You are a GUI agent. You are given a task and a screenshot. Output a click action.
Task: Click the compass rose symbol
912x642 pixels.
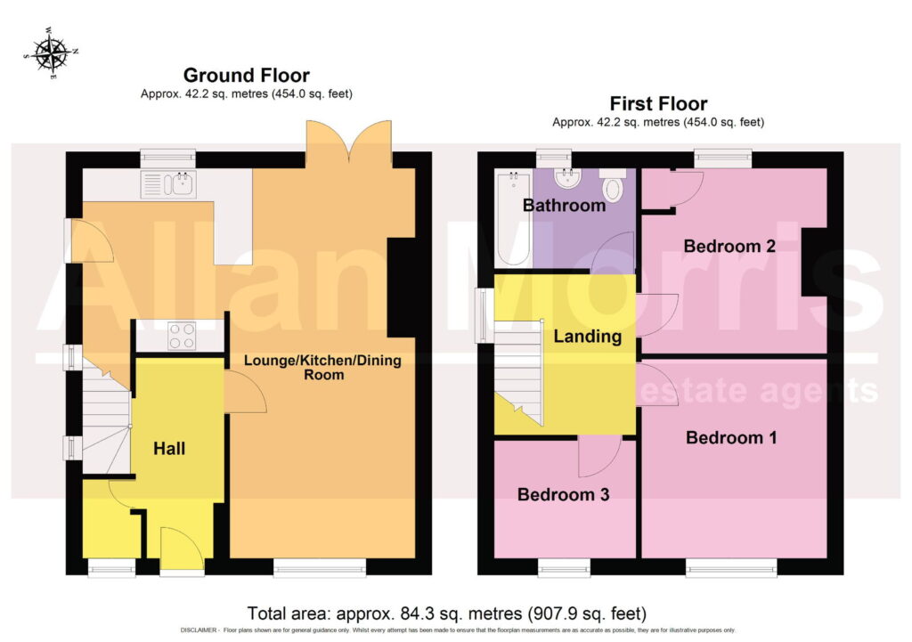51,53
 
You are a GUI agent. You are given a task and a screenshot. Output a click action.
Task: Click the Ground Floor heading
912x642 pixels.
246,75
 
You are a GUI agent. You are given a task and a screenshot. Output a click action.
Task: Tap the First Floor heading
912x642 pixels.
658,103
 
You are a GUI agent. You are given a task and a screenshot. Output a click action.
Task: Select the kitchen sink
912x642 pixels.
168,183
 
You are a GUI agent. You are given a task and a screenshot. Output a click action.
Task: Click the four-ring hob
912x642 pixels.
181,336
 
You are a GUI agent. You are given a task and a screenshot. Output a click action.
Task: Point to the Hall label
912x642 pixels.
169,449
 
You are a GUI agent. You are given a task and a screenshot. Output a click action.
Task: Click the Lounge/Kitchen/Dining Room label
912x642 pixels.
322,367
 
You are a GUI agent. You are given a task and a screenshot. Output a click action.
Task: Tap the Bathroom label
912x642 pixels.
564,206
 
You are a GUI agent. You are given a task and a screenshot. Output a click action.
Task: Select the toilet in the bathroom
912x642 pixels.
612,184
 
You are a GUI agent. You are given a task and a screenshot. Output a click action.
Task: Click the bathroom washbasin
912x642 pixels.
567,178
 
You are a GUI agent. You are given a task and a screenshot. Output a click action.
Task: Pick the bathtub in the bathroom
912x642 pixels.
514,218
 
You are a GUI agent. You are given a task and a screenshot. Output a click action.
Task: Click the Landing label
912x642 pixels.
588,336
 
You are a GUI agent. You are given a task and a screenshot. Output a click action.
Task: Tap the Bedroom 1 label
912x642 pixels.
731,437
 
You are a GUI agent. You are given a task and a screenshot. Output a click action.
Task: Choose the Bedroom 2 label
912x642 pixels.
729,246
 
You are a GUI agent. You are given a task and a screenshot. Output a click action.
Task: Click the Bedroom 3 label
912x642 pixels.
563,494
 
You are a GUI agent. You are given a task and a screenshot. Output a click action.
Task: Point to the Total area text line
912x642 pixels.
447,614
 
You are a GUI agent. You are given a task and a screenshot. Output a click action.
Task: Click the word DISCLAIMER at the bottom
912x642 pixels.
199,630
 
